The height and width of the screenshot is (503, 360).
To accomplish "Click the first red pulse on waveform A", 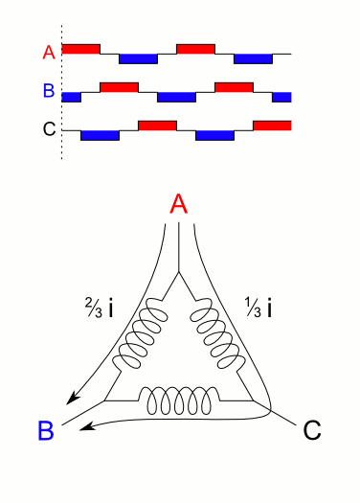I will tap(80, 48).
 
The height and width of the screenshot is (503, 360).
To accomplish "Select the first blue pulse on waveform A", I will tap(138, 59).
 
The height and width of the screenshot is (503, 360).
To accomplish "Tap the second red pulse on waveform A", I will tap(195, 48).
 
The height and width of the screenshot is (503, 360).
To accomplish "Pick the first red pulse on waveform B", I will tap(119, 87).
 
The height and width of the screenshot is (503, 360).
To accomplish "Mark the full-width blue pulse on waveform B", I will tap(176, 98).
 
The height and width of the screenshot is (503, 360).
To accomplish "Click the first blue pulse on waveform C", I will tap(100, 135).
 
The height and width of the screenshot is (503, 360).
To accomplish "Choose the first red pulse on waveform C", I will tap(157, 125).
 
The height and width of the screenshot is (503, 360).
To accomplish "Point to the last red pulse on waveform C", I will tap(273, 125).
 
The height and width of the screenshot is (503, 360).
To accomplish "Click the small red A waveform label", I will tap(49, 54).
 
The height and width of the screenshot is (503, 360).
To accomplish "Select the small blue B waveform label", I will tap(49, 93).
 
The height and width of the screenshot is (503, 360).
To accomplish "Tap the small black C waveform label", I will tap(49, 130).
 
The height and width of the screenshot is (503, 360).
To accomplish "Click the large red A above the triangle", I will tap(177, 204).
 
